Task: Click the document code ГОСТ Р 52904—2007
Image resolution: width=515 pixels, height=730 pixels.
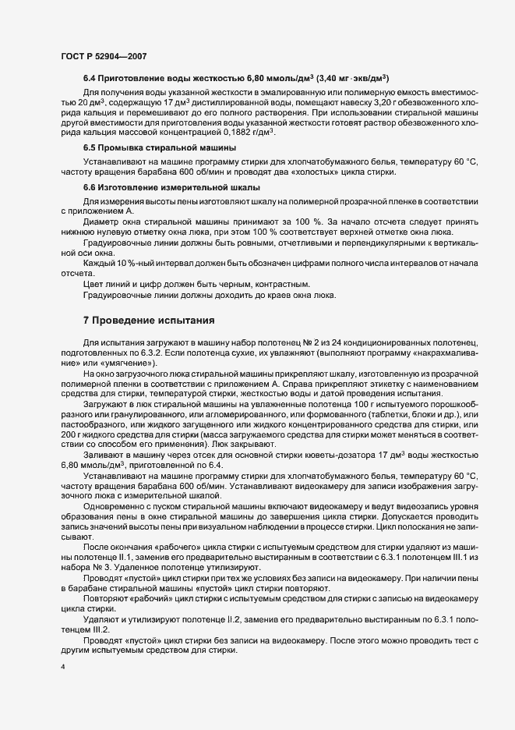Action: [103, 57]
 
